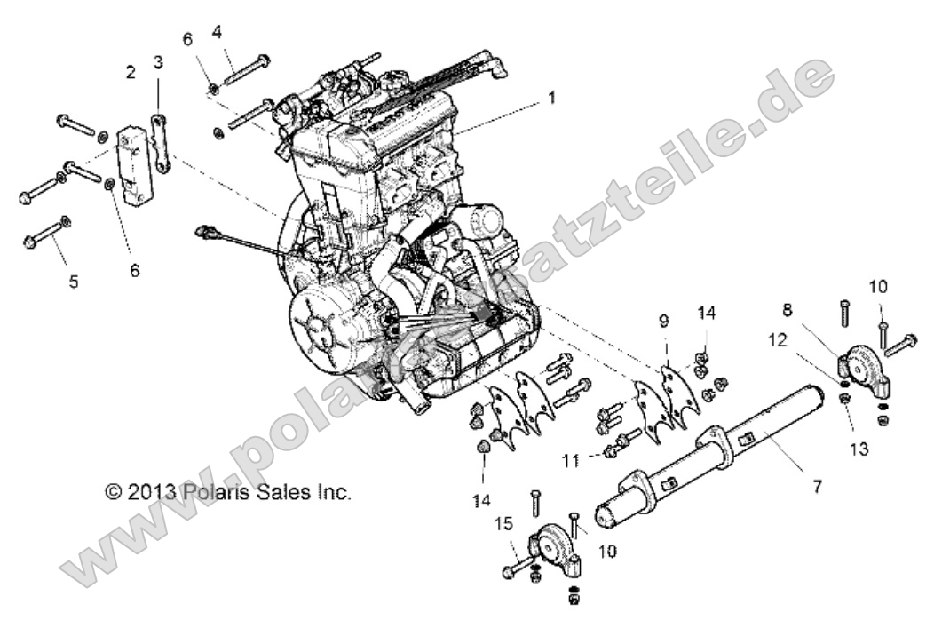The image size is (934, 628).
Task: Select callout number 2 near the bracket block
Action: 131,72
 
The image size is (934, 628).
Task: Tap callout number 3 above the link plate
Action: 158,62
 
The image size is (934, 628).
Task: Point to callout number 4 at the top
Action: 216,32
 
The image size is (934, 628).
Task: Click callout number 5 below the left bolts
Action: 74,282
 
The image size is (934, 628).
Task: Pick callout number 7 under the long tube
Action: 817,486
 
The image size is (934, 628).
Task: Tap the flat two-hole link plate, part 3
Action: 160,142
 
